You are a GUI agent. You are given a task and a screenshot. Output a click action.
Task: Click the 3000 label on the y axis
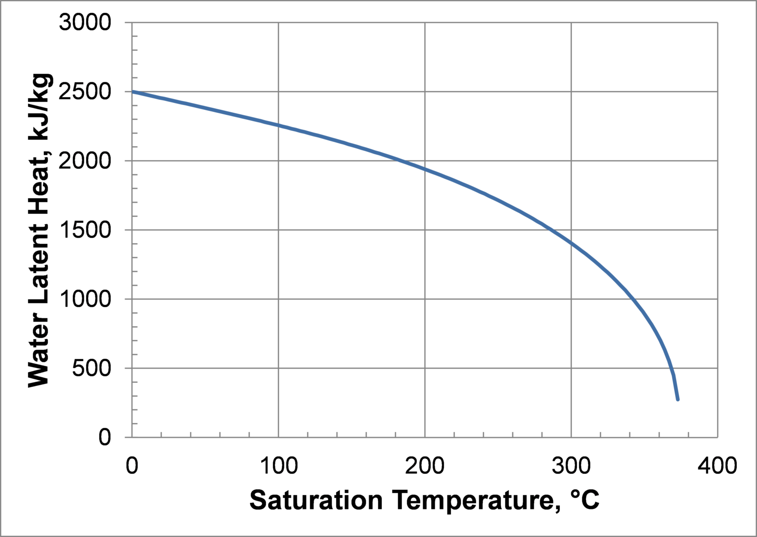click(x=85, y=23)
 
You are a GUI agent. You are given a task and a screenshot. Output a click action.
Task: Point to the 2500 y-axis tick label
click(x=85, y=92)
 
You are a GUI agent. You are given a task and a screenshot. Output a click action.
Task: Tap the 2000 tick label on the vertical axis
click(x=85, y=161)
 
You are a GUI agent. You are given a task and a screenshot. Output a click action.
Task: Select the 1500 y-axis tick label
click(x=85, y=230)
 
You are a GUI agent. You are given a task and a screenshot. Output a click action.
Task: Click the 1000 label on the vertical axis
click(x=85, y=299)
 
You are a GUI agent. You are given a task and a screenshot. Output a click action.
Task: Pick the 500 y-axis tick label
click(x=92, y=368)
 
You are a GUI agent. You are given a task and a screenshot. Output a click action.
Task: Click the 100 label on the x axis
click(x=278, y=465)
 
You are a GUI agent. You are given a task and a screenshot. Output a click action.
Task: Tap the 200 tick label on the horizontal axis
click(x=425, y=465)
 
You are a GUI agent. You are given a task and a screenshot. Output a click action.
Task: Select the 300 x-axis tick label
click(x=571, y=465)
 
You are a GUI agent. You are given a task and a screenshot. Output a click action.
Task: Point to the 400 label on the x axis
click(x=718, y=465)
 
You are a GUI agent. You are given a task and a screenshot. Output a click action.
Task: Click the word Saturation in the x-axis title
click(x=316, y=501)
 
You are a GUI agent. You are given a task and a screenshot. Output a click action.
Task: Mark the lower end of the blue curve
click(x=678, y=399)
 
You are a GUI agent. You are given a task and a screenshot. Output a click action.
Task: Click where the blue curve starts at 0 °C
click(x=132, y=92)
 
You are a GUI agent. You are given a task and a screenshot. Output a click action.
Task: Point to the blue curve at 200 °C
click(x=425, y=169)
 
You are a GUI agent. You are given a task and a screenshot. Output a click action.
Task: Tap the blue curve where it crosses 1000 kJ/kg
click(x=634, y=299)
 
